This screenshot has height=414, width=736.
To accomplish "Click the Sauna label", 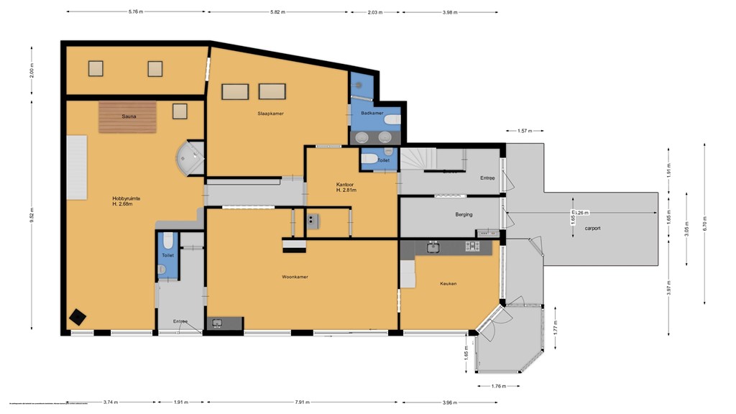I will tap(129, 115).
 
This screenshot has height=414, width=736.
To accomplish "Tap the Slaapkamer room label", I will tap(270, 114).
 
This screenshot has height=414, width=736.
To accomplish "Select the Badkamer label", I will tap(371, 113).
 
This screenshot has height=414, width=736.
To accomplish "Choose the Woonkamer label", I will tap(295, 277).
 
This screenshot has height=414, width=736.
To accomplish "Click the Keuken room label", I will tap(448, 283).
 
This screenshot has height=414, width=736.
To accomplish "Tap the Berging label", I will tap(464, 213).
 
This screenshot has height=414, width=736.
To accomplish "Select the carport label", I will tap(592, 228).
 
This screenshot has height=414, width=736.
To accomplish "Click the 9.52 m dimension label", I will tap(32, 215).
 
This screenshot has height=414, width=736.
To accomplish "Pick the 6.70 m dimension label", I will tap(705, 219).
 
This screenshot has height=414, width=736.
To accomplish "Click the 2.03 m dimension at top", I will tap(374, 12).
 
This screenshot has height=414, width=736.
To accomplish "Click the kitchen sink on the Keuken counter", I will tap(433, 247).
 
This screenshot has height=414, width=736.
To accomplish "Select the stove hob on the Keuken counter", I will tap(472, 247).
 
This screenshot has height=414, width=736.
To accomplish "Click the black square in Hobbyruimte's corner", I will tap(76, 317).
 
